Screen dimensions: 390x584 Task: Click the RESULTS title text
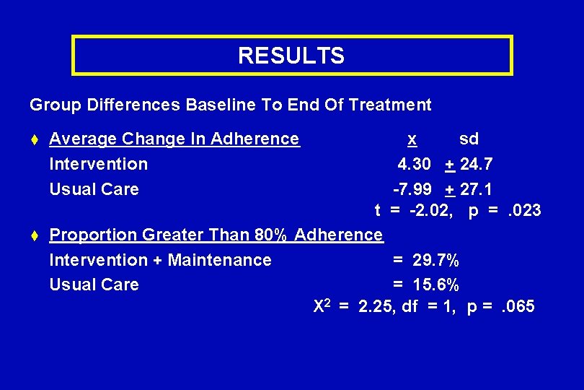point(291,56)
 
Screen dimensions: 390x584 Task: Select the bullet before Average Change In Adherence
point(35,139)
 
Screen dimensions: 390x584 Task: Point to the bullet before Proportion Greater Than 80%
point(35,235)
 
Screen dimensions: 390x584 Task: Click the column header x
point(411,139)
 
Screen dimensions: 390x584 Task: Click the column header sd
point(469,139)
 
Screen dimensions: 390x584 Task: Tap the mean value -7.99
point(412,189)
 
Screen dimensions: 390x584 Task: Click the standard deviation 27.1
point(476,189)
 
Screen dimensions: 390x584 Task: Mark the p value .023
point(522,211)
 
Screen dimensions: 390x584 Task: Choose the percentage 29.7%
point(435,260)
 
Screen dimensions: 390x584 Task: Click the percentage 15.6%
point(435,285)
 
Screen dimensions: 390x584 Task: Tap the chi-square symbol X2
point(322,306)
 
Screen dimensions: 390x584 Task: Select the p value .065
point(516,307)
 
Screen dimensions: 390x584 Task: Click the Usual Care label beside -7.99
point(94,189)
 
